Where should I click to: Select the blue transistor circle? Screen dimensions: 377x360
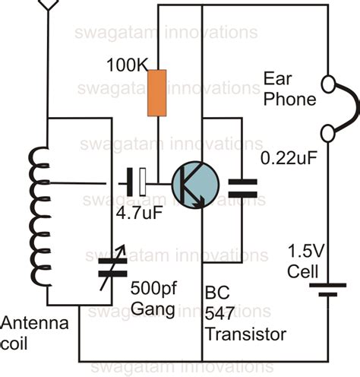point(194,183)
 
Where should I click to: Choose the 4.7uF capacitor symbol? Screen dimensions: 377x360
point(137,183)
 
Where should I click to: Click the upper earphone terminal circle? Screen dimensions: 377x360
point(328,82)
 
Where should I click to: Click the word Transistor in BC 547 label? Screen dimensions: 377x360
point(245,334)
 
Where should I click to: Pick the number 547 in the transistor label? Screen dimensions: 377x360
point(219,314)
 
